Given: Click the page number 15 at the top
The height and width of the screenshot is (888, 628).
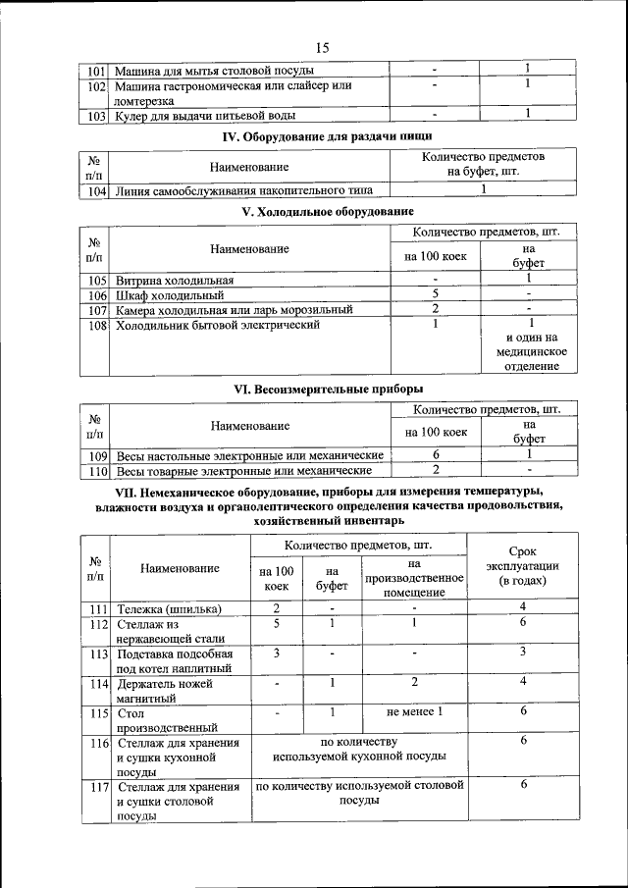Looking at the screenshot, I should point(322,47).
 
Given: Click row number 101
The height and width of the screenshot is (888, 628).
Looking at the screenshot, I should point(95,70).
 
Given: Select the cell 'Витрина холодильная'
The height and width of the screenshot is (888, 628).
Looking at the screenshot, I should point(175,280).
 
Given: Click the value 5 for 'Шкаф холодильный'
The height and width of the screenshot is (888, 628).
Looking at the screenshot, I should point(434,293).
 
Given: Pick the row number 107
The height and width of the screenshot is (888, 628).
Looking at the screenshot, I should point(95,309).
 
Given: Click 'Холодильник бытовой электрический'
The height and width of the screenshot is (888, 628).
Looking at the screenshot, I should point(218,325).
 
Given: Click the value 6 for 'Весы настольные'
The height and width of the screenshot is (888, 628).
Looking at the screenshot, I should point(435,455).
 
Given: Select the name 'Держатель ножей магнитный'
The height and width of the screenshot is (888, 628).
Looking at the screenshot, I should point(161,691).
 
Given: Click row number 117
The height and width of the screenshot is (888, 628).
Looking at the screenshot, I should point(97,787).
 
